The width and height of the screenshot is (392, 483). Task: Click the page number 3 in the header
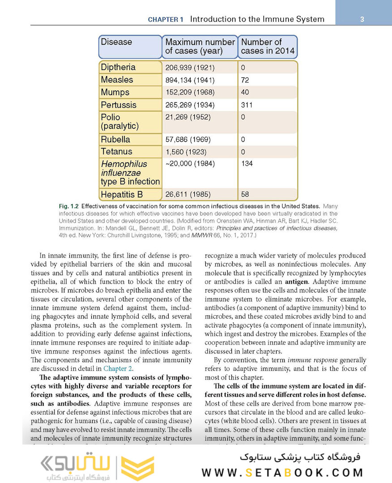click(362, 19)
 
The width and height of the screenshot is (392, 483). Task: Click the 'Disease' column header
click(116, 42)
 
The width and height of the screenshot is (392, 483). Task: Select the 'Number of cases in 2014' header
click(267, 47)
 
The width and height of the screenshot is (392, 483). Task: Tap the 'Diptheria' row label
click(118, 68)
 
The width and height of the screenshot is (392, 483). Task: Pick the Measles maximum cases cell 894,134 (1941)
click(190, 80)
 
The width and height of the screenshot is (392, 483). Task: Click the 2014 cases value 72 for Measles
click(245, 80)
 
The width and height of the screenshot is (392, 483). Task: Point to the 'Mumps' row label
click(115, 93)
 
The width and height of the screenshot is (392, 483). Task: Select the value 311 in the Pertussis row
click(247, 105)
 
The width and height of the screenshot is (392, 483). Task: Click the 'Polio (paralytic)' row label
click(119, 121)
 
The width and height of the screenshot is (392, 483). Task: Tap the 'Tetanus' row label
click(116, 152)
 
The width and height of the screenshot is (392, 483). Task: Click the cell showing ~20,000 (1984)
click(190, 164)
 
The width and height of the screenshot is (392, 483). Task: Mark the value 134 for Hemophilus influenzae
click(247, 164)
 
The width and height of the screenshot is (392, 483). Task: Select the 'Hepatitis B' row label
click(122, 195)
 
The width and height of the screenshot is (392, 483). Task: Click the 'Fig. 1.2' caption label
click(68, 207)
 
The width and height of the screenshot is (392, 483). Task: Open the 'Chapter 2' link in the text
click(118, 369)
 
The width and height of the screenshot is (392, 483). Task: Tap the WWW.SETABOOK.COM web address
click(282, 473)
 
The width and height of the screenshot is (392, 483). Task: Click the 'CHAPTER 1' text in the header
click(166, 20)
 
